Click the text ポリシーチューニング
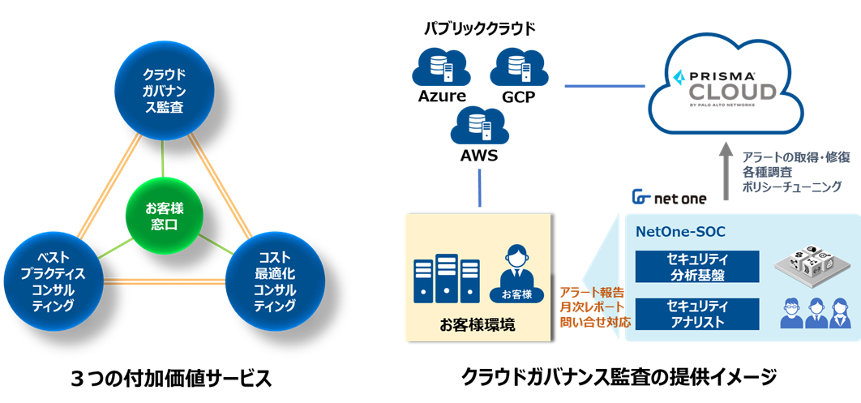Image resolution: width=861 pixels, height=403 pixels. (x=792, y=186)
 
